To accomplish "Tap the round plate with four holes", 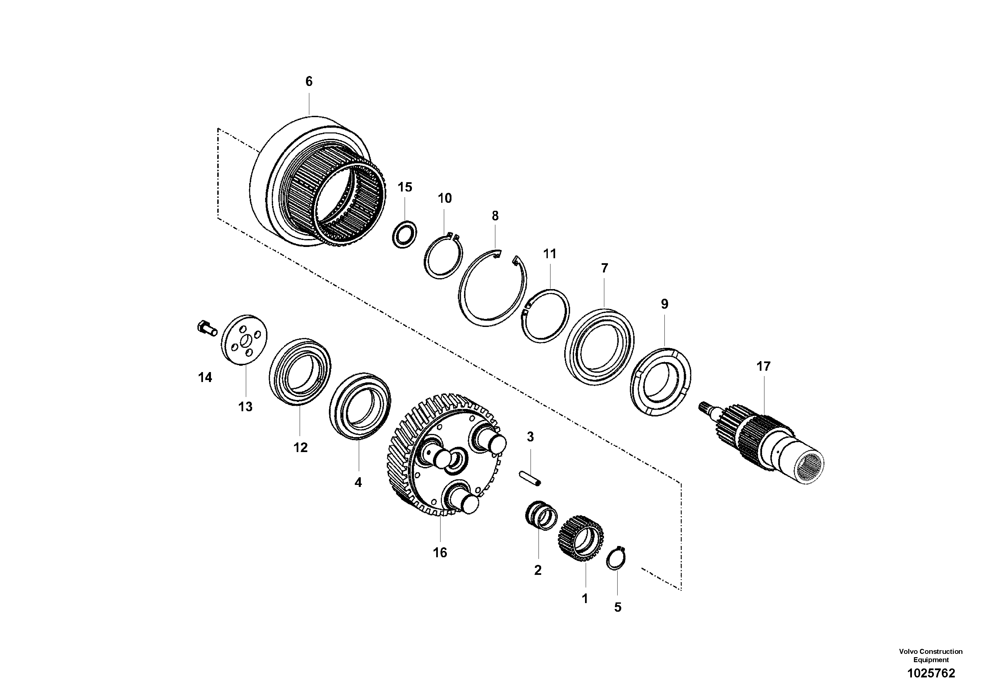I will coord(244,341).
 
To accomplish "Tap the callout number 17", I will coord(763,367).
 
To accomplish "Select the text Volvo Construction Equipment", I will coord(931,656).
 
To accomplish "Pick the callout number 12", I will coord(300,447).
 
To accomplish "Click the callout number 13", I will coord(245,407).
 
